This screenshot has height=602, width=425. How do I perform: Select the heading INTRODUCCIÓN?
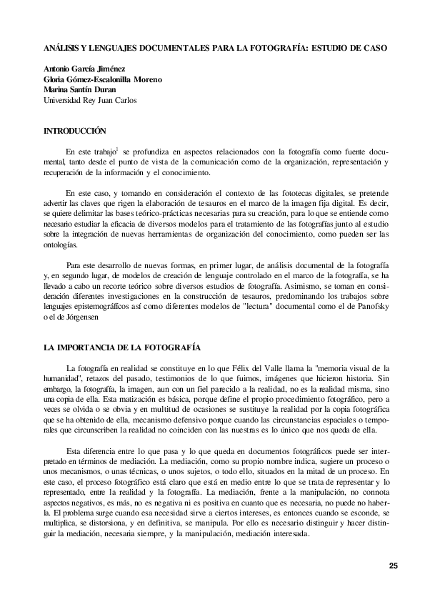(x=75, y=131)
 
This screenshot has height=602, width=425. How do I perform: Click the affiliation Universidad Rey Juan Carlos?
(x=91, y=100)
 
